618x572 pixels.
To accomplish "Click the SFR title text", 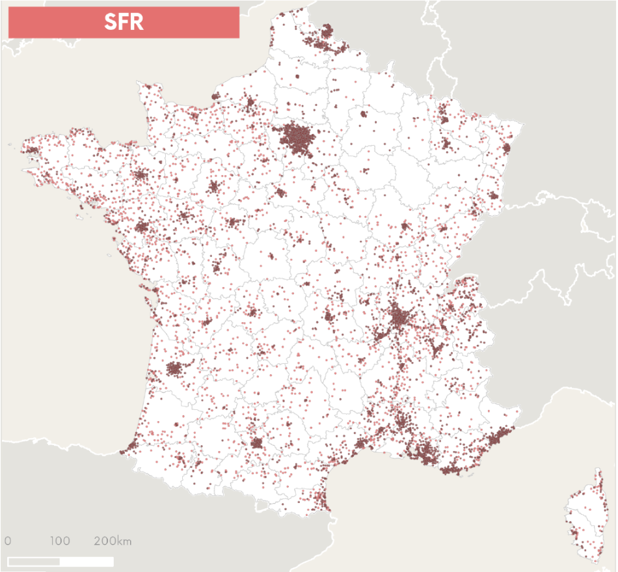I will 124,21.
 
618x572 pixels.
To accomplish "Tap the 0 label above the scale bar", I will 8,541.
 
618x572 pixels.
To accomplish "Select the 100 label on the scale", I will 59,541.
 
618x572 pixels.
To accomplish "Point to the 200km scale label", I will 113,541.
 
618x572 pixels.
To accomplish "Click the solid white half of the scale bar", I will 87,561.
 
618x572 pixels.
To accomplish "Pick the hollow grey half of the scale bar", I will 34,561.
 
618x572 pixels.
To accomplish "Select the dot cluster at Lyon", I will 400,318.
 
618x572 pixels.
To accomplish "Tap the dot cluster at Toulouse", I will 257,443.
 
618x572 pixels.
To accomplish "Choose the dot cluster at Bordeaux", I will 174,369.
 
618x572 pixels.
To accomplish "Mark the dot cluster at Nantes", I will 141,227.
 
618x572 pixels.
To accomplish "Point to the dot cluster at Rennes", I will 139,175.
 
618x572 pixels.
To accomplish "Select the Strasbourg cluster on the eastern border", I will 506,148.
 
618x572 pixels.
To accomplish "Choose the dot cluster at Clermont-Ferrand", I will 329,317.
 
